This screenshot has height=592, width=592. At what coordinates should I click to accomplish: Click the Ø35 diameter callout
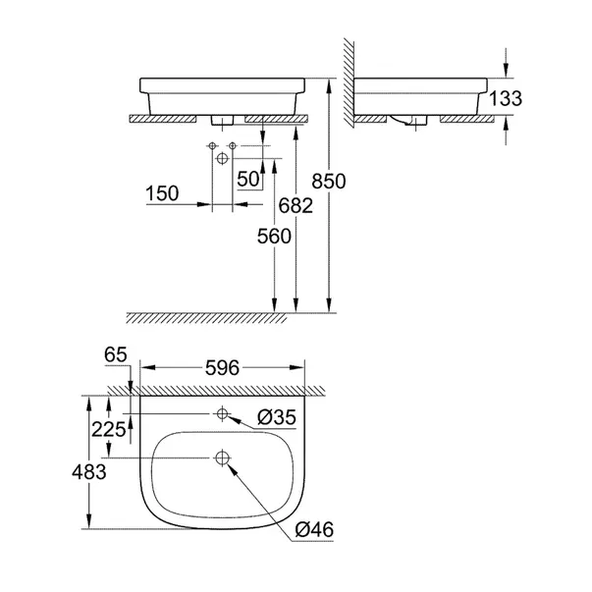point(278,417)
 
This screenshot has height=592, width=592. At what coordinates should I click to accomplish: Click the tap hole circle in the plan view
point(223,413)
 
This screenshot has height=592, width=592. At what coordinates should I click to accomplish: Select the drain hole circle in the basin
point(223,457)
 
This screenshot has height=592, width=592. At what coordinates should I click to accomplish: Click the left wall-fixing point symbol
point(213,147)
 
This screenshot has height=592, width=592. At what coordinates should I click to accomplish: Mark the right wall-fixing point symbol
point(232,147)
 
